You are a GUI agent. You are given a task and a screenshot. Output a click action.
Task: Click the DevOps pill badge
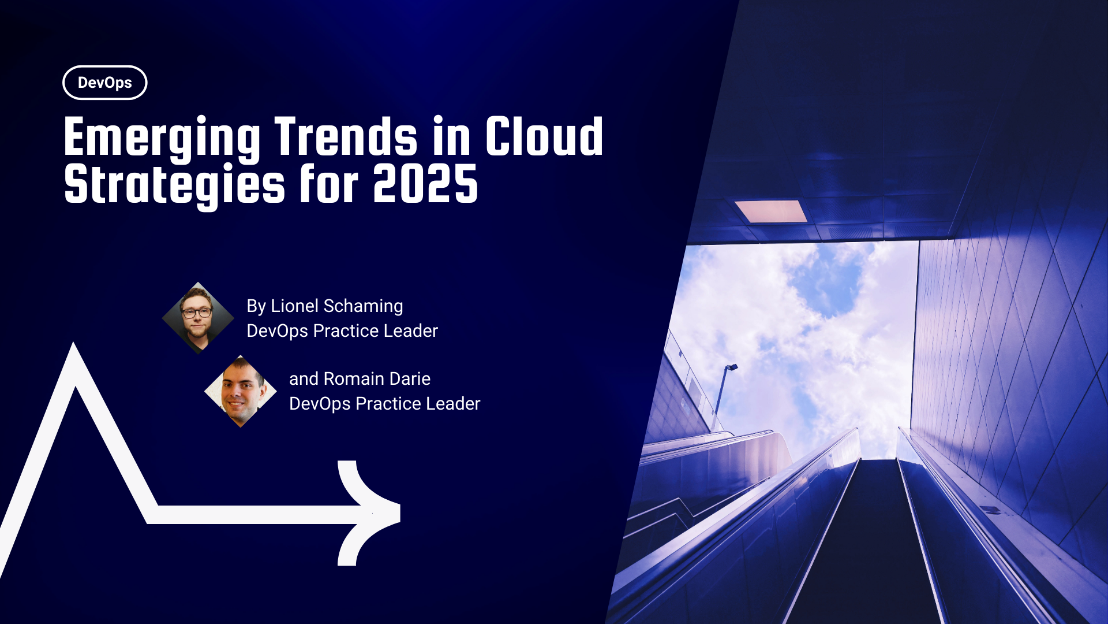[104, 83]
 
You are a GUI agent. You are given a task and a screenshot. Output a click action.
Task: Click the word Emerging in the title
[162, 138]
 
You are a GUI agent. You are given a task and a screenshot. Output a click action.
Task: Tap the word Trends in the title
[346, 138]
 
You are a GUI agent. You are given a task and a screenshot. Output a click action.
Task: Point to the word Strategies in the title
[174, 185]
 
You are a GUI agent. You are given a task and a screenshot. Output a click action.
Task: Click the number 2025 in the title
[425, 185]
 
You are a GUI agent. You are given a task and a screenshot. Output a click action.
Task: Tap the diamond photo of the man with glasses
[198, 318]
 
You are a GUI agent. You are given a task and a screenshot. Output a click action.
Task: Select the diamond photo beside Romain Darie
[241, 391]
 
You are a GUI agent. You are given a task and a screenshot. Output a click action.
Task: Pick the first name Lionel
[294, 306]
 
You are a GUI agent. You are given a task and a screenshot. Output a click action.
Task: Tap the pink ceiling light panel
[770, 211]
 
